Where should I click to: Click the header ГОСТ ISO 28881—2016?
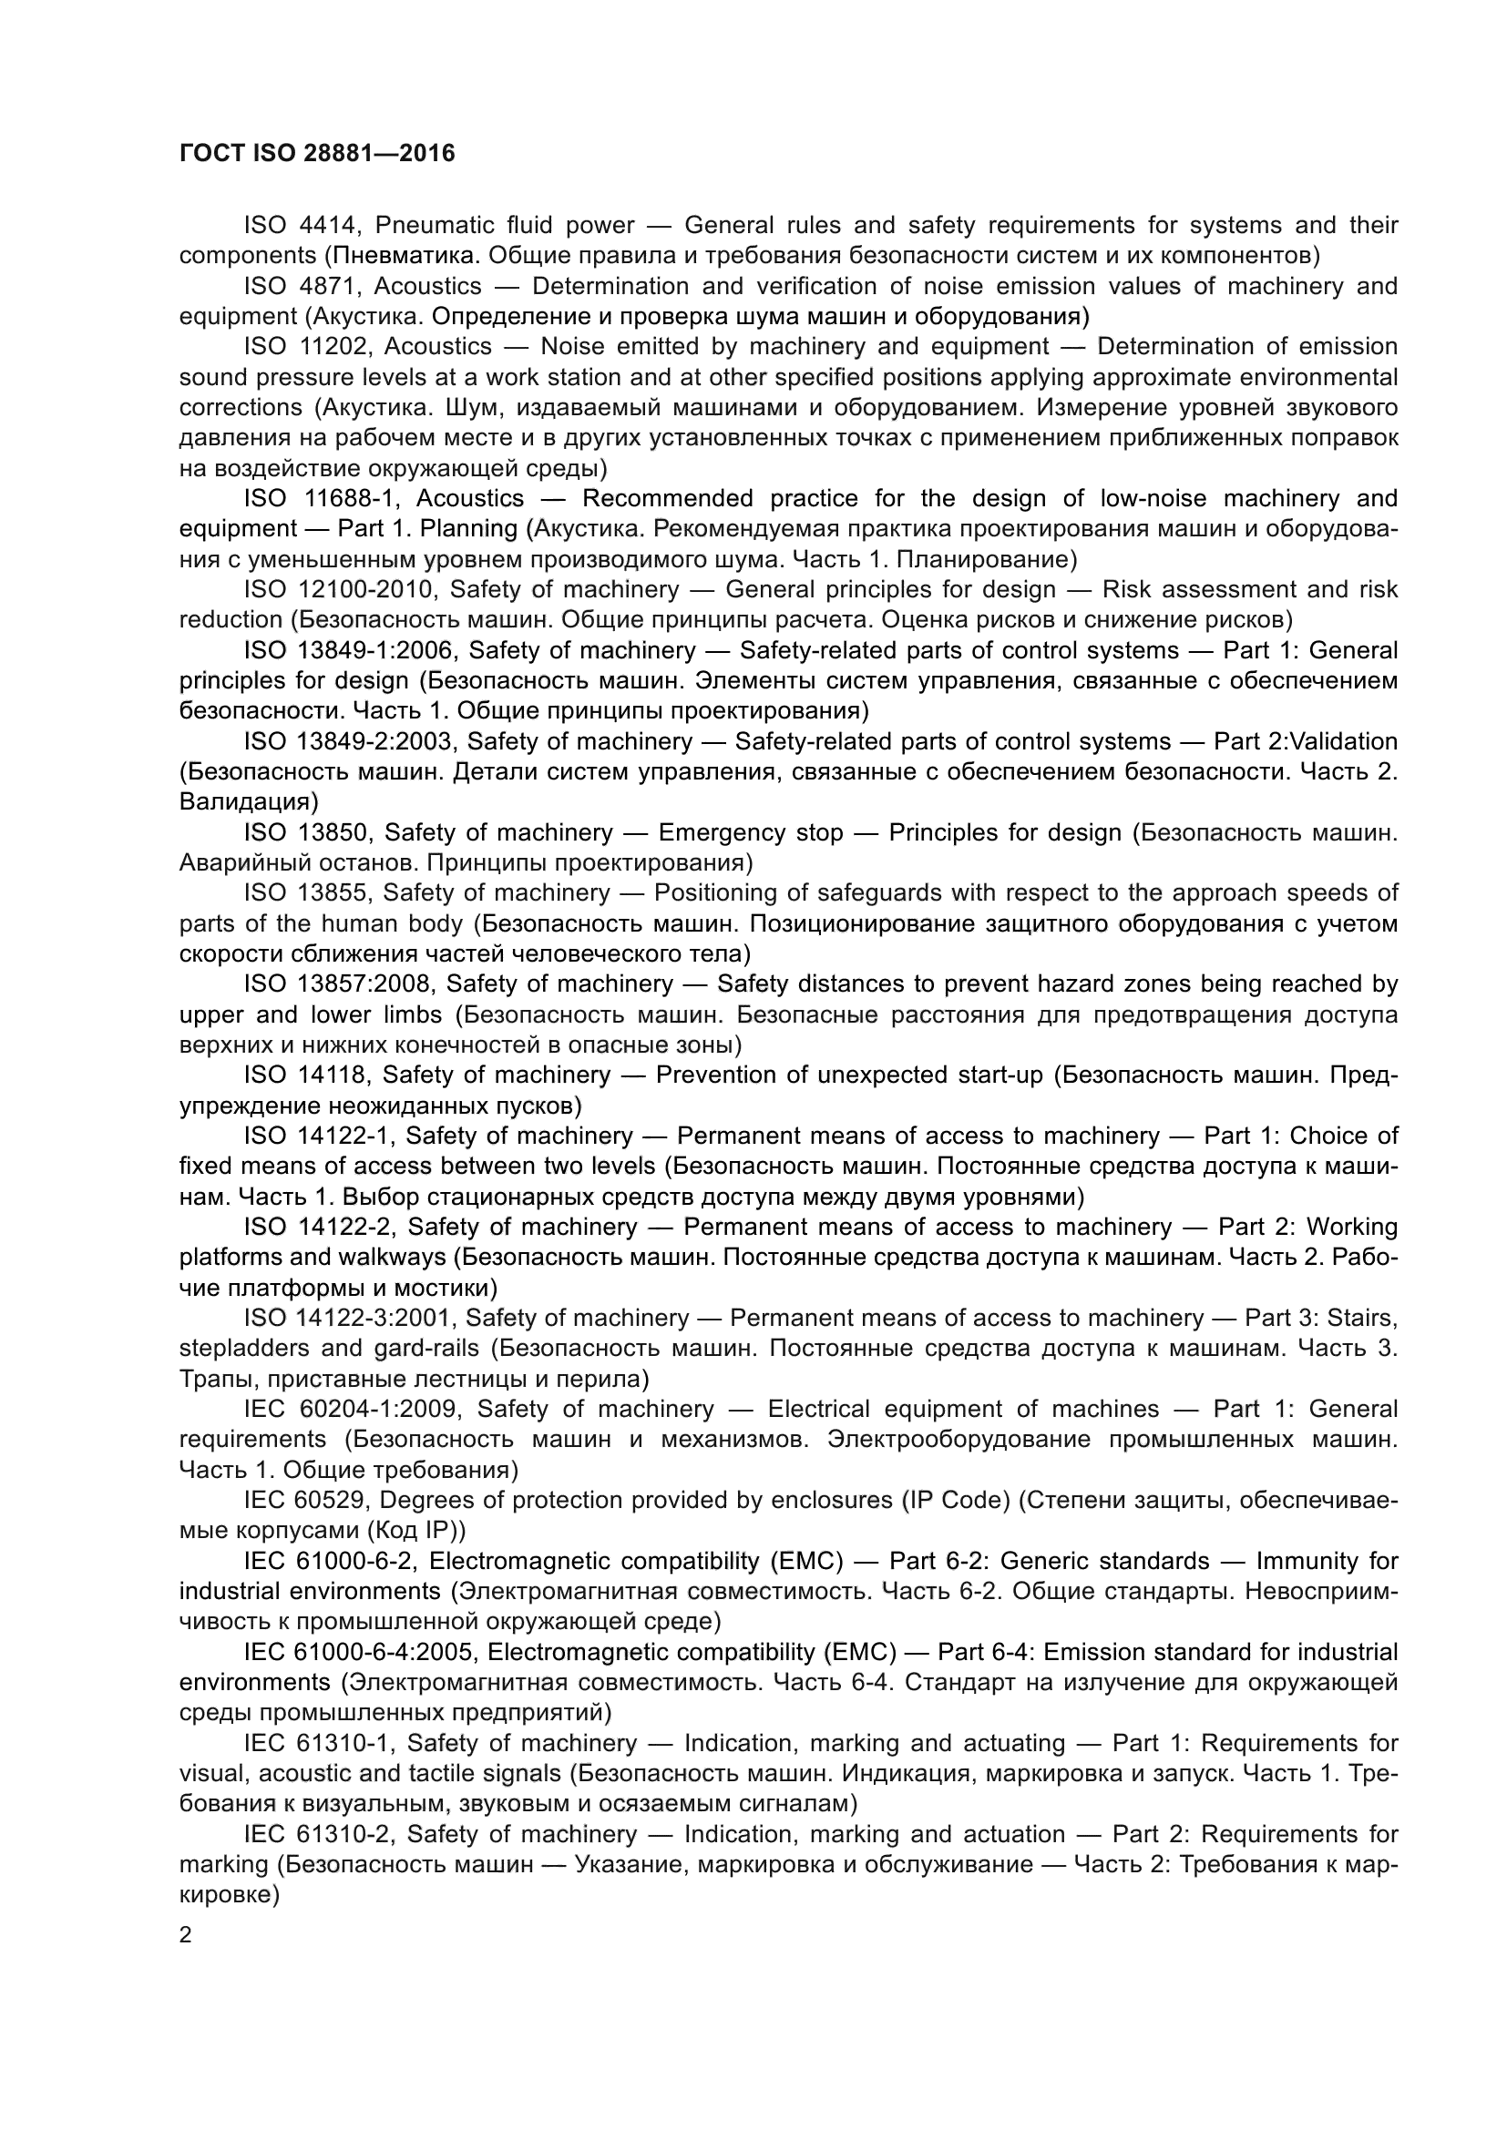(316, 153)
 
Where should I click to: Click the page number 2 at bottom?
(186, 1935)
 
